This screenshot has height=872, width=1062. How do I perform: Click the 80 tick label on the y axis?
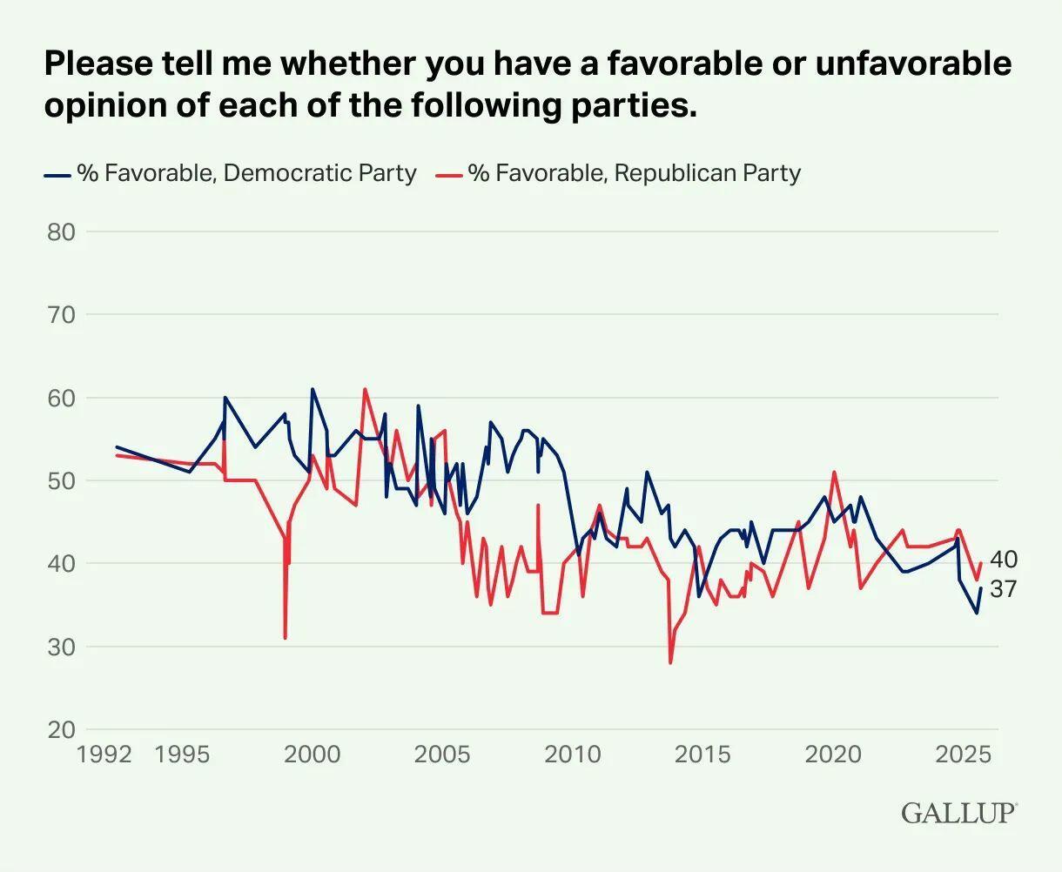(61, 231)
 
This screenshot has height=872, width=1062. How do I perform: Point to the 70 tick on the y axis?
(61, 314)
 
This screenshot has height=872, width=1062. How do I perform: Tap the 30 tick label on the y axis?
(61, 647)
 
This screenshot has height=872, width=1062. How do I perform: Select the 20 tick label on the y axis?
(61, 729)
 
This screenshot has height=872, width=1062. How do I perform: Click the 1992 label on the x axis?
(104, 754)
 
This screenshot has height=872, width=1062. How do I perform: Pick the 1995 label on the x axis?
(182, 754)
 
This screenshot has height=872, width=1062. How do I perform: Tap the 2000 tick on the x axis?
(313, 754)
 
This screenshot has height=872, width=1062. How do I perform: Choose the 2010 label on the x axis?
(573, 754)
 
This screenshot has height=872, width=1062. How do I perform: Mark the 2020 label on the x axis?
(833, 754)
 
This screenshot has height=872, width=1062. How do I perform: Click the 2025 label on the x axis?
(963, 754)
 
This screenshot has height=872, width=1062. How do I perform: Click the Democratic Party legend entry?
(231, 173)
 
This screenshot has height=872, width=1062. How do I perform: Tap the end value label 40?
(1004, 560)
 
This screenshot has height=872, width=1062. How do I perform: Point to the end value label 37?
(1004, 589)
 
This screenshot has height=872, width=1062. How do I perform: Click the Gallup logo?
(958, 813)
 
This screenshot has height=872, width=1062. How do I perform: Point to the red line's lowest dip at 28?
(670, 663)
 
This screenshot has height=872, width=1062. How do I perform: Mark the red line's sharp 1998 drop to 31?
(285, 638)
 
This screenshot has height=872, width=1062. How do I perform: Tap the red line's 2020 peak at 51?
(834, 473)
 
